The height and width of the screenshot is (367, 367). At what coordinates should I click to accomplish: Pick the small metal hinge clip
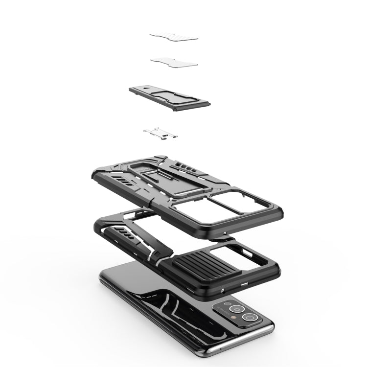pyautogui.click(x=161, y=132)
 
